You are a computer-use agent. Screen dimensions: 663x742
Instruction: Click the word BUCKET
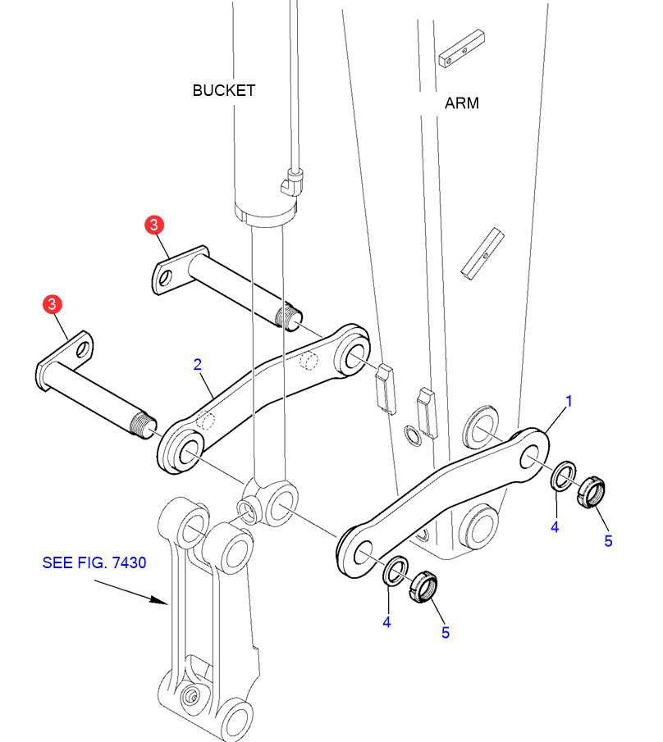click(224, 90)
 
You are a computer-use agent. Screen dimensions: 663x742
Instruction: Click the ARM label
click(462, 103)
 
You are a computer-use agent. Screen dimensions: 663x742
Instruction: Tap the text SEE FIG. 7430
click(94, 562)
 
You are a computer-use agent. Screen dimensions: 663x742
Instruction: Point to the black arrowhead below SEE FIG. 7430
click(158, 600)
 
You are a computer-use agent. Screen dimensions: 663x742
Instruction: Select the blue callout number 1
click(569, 401)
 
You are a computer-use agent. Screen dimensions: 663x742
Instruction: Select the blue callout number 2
click(198, 364)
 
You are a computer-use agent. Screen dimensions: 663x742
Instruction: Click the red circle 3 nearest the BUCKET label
click(154, 225)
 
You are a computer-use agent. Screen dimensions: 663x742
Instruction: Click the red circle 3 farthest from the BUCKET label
click(52, 304)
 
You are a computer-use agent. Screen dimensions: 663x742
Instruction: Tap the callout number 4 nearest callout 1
click(555, 527)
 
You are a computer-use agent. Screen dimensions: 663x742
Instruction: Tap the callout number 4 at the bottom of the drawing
click(387, 622)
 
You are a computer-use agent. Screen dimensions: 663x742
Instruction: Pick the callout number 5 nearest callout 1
click(609, 541)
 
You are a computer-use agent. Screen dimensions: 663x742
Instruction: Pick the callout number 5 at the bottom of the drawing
click(446, 633)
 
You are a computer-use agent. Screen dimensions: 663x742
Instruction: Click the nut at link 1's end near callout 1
click(592, 493)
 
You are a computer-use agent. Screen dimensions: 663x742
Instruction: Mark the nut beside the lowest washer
click(423, 587)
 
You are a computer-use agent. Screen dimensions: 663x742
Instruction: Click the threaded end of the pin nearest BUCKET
click(288, 317)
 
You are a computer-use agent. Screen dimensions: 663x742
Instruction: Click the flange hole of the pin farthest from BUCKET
click(83, 350)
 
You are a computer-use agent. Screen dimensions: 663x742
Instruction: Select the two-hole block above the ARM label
click(462, 48)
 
